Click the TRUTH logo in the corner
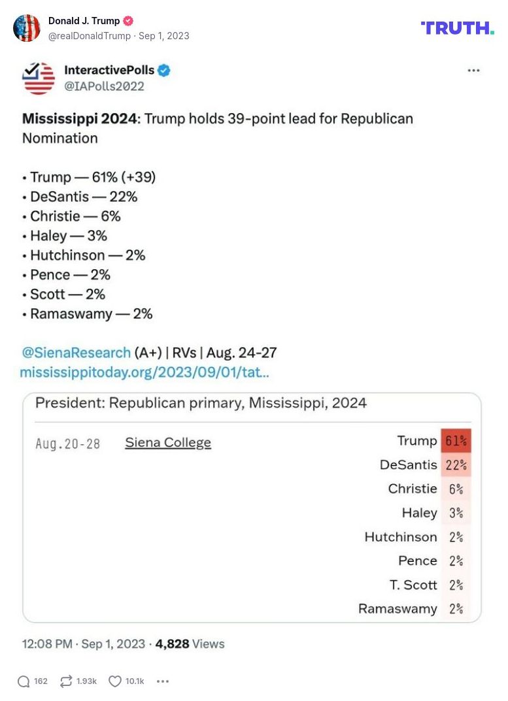pyautogui.click(x=457, y=27)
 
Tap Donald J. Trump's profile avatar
pyautogui.click(x=27, y=28)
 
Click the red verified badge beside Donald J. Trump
pyautogui.click(x=128, y=21)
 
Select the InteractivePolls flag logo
pyautogui.click(x=39, y=78)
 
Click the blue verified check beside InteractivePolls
pyautogui.click(x=164, y=71)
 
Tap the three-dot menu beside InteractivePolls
pyautogui.click(x=473, y=71)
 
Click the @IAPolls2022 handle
pyautogui.click(x=104, y=86)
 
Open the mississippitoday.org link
pyautogui.click(x=144, y=372)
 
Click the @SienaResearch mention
pyautogui.click(x=76, y=353)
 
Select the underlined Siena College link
pyautogui.click(x=168, y=443)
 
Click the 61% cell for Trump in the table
pyautogui.click(x=456, y=441)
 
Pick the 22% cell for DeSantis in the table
pyautogui.click(x=456, y=465)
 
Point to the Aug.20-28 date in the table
pyautogui.click(x=68, y=444)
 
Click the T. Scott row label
pyautogui.click(x=413, y=585)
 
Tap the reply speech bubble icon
pyautogui.click(x=24, y=681)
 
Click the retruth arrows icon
pyautogui.click(x=66, y=681)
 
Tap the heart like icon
pyautogui.click(x=115, y=681)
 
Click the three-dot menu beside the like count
pyautogui.click(x=163, y=681)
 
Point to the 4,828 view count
pyautogui.click(x=172, y=644)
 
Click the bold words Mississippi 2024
pyautogui.click(x=79, y=119)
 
